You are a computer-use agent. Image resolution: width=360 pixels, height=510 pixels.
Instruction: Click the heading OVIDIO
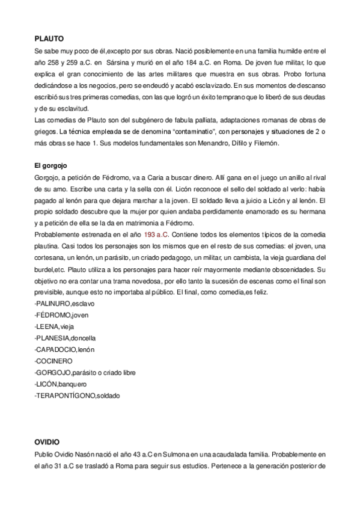47,441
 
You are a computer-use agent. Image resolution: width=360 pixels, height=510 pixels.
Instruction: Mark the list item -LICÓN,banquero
61,384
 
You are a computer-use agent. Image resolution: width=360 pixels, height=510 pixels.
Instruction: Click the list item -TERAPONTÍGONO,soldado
78,396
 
